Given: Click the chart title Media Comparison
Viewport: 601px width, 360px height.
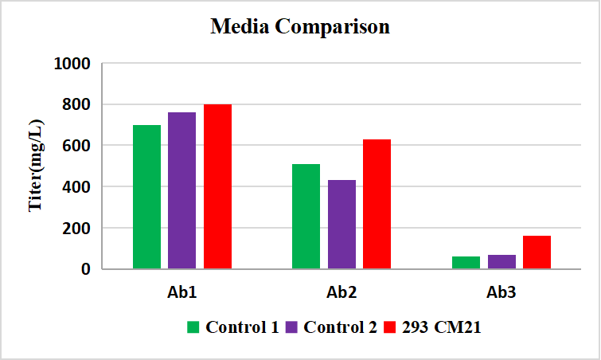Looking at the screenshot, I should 300,26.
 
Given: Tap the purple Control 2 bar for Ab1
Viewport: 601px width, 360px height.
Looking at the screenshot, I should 181,190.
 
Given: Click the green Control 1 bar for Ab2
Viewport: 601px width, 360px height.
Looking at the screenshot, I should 306,217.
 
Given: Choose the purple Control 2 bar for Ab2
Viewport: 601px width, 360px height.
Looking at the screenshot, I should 341,225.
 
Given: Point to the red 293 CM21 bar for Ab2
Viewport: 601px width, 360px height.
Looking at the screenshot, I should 377,204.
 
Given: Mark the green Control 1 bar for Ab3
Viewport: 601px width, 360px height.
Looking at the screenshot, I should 465,262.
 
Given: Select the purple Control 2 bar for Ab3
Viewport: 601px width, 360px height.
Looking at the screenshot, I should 501,261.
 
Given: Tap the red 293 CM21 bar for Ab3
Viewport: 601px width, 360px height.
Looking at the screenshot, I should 537,252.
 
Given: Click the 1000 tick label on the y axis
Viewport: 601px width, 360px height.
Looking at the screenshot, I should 72,64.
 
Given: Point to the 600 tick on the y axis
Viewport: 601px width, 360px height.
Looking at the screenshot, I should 77,146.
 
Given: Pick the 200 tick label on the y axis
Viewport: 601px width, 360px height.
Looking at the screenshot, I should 77,228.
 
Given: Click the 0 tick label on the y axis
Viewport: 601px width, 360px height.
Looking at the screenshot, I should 84,269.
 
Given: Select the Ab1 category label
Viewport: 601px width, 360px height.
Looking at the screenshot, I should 182,293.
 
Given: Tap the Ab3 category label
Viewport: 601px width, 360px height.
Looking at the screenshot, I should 501,293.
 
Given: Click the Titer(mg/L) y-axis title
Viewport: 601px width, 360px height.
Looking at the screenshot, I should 36,166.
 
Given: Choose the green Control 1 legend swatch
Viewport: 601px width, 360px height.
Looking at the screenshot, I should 193,327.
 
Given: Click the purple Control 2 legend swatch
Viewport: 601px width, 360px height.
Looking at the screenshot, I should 291,327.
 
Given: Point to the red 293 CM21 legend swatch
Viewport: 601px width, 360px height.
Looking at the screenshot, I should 390,327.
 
